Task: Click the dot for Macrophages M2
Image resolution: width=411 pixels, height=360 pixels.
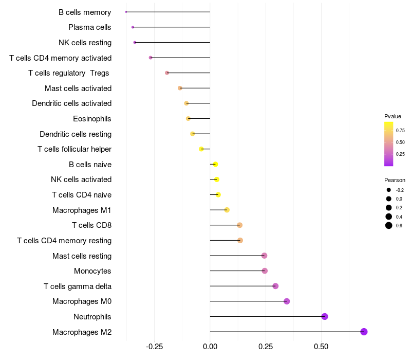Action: point(364,332)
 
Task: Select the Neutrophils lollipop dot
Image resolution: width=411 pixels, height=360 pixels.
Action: point(325,316)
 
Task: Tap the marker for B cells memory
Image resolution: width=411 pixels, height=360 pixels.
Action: point(126,12)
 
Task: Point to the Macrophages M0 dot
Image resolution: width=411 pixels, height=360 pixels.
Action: point(287,301)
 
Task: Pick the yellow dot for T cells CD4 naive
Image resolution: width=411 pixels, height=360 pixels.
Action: point(218,195)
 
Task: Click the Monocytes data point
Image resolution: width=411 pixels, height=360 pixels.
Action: point(265,271)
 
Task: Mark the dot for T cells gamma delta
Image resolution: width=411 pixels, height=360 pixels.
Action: point(275,286)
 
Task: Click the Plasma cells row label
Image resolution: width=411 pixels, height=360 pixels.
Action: point(89,27)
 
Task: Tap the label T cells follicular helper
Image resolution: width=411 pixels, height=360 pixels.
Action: point(74,149)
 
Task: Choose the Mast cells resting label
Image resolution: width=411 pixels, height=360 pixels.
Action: point(82,256)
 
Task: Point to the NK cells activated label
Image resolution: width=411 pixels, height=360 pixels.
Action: point(81,179)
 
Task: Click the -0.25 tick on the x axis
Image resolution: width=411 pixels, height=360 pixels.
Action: point(155,347)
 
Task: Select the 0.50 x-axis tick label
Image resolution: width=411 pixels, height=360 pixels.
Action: point(321,347)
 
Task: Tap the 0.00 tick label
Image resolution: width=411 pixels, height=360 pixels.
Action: point(210,347)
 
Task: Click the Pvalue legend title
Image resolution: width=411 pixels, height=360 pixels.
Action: point(393,116)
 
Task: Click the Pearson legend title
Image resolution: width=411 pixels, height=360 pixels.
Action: point(395,180)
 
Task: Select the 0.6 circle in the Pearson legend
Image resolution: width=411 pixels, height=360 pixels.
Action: point(389,225)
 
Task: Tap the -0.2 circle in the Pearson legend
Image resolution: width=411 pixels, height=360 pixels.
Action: point(389,190)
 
